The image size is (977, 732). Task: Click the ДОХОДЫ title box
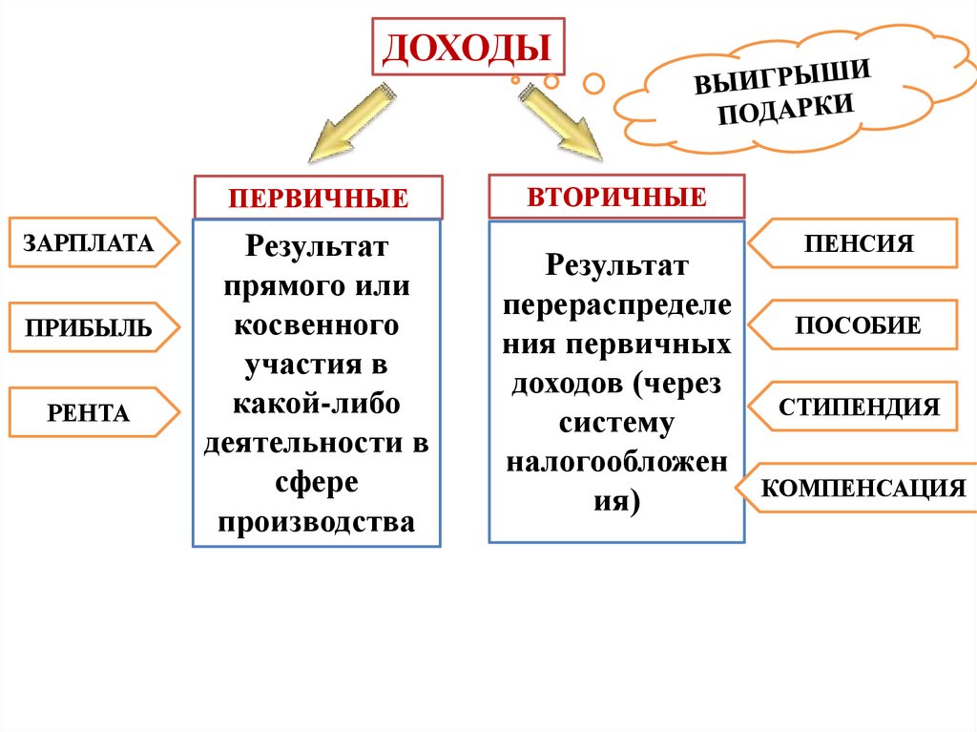point(468,46)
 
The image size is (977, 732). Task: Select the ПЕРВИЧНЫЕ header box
point(319,198)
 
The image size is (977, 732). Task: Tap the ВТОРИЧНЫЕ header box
point(616,197)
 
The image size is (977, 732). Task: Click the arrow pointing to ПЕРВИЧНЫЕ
point(347,122)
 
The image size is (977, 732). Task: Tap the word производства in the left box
point(317,521)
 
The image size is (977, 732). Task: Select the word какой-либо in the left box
point(317,404)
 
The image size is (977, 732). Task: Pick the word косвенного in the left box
point(317,324)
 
